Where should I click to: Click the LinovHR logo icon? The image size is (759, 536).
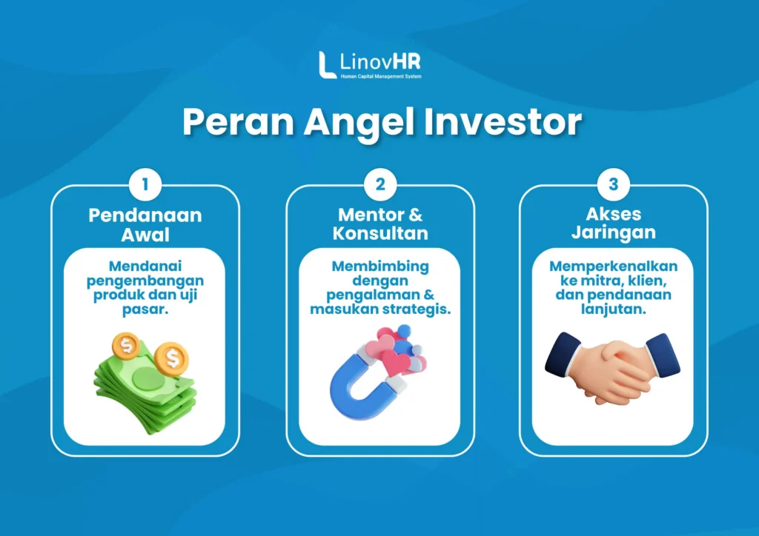point(327,64)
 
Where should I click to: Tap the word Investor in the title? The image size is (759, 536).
point(503,122)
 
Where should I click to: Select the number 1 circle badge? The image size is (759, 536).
point(145,184)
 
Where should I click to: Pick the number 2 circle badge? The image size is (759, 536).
point(380,184)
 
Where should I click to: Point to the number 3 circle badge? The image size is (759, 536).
point(613,184)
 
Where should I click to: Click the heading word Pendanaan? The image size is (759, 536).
point(145,215)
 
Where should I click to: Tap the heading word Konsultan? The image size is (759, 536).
point(380,233)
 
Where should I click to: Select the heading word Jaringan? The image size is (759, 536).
point(613,232)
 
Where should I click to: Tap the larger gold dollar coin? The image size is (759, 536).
point(172,358)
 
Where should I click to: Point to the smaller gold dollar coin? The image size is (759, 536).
point(126,346)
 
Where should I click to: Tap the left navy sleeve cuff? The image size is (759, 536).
point(563,355)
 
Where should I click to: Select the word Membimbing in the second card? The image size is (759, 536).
point(380,267)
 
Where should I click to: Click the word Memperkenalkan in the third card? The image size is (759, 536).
point(613,267)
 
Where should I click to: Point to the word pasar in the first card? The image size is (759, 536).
point(145,309)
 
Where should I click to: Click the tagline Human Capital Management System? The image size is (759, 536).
point(381,76)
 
